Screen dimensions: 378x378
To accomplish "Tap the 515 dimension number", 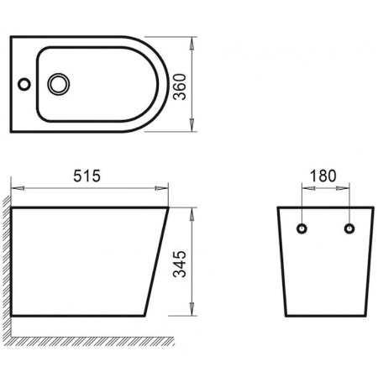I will (87, 176).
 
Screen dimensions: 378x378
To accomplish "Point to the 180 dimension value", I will (323, 176).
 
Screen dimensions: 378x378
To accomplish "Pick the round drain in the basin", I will (60, 84).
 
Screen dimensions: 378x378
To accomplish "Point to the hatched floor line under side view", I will (84, 340).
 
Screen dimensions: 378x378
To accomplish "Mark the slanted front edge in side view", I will (157, 260).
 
